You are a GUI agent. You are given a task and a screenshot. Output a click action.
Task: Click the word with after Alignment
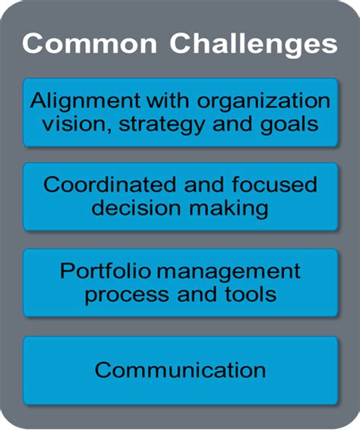[155, 101]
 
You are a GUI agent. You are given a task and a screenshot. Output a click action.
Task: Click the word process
[122, 293]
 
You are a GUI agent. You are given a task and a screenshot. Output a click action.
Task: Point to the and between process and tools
[193, 293]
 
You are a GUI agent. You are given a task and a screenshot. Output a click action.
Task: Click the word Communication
[180, 370]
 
